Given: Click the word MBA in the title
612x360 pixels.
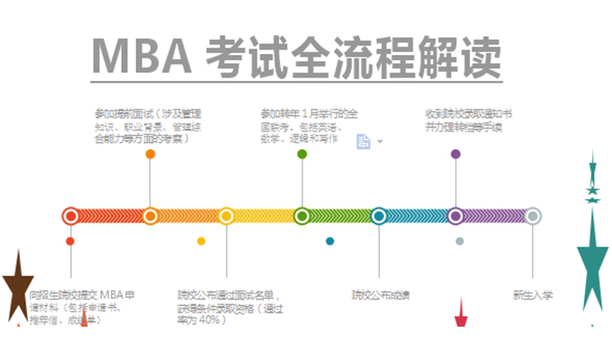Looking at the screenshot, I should click(x=143, y=59).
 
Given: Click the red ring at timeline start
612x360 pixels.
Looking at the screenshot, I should click(x=70, y=216).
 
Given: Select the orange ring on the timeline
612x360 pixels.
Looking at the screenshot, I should click(x=149, y=216).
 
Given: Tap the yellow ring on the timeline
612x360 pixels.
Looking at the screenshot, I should click(x=226, y=216).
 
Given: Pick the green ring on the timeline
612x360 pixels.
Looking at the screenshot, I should click(x=302, y=216).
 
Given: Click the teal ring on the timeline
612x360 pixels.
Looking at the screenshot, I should click(x=379, y=216).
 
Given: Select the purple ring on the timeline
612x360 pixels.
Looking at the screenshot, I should click(x=455, y=216).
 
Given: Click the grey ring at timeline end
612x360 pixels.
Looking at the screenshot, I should click(x=533, y=216).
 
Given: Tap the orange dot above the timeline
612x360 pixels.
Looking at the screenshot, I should click(x=150, y=154).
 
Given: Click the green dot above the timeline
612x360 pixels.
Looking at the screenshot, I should click(x=302, y=154).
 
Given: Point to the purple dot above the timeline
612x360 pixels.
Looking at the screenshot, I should click(x=455, y=154).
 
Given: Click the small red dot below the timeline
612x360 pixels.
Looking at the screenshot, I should click(x=70, y=241).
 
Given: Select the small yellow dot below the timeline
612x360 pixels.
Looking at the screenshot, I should click(x=201, y=241).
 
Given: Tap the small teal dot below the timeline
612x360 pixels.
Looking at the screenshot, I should click(x=329, y=241).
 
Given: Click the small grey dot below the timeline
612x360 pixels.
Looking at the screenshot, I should click(x=459, y=241).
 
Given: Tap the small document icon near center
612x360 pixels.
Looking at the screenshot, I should click(x=364, y=141).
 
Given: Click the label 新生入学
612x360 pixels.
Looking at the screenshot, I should click(x=533, y=294).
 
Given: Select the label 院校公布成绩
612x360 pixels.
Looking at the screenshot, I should click(x=380, y=294).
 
